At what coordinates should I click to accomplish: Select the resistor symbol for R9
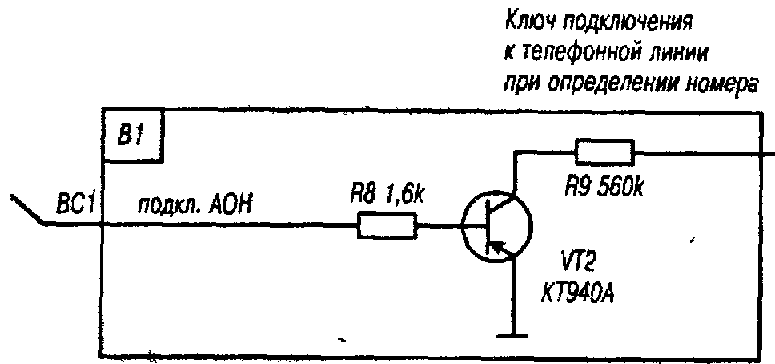click(x=604, y=151)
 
